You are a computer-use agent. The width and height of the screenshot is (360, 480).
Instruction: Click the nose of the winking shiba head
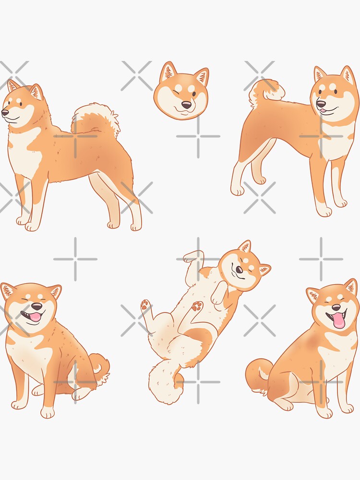(x=185, y=104)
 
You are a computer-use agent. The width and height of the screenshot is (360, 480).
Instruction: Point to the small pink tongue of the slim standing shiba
(x=324, y=112)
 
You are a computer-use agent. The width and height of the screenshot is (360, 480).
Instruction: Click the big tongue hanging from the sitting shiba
(x=339, y=321)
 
